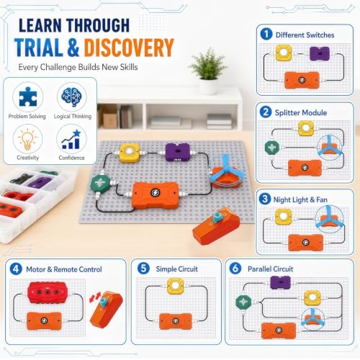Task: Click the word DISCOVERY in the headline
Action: (129, 48)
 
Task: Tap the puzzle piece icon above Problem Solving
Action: (28, 96)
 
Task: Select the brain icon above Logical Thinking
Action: (72, 96)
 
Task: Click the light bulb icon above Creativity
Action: (27, 139)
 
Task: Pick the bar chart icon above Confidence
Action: (71, 139)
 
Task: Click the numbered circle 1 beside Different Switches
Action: (266, 34)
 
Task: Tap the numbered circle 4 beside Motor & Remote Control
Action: (16, 269)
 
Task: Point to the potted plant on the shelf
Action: (208, 71)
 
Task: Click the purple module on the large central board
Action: (177, 152)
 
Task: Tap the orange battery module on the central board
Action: (156, 194)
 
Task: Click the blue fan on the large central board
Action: (225, 171)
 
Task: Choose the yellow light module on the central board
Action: (130, 153)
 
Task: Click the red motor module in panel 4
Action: (48, 292)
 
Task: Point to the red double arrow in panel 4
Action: (95, 297)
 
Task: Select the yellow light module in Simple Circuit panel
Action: (176, 286)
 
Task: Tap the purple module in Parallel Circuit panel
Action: (281, 283)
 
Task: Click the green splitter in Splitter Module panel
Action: (272, 148)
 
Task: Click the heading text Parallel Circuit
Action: (270, 269)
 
